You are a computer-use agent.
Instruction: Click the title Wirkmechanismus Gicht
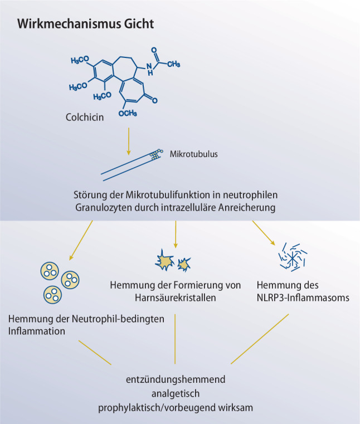coord(85,25)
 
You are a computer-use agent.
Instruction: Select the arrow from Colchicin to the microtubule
coord(129,143)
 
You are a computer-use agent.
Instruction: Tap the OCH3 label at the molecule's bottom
coord(128,113)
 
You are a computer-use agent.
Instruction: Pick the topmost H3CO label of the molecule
coord(82,60)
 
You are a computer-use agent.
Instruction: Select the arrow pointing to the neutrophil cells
coord(81,239)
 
